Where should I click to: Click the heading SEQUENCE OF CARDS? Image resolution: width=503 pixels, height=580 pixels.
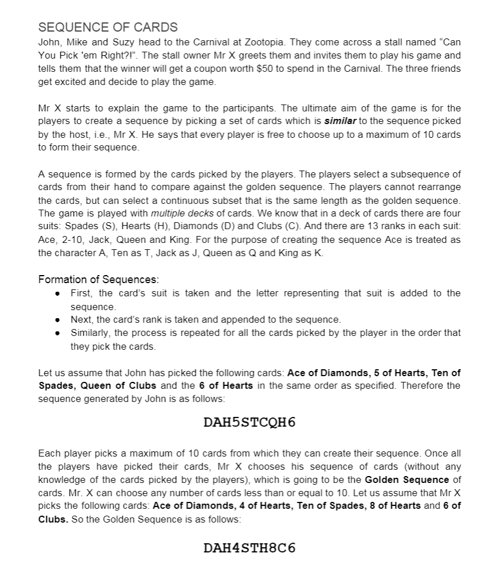click(x=108, y=27)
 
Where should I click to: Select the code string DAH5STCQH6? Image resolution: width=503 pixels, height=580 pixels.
click(x=249, y=423)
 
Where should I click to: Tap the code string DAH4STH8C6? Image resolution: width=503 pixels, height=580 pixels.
click(x=249, y=548)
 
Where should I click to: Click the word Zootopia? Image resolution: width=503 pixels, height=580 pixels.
click(x=330, y=42)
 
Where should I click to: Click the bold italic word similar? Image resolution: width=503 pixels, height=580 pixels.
click(x=340, y=121)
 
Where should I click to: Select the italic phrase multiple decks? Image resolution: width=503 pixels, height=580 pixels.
click(x=177, y=214)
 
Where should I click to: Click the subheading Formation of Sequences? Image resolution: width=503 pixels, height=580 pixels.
click(x=98, y=280)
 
